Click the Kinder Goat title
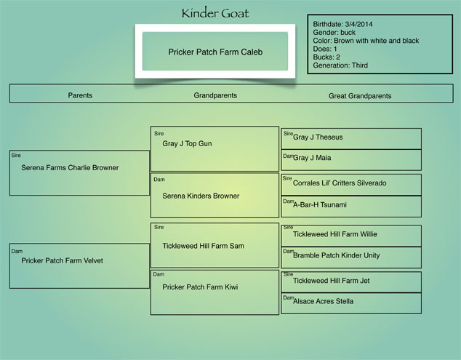click(x=215, y=13)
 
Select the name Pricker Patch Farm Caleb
click(x=215, y=52)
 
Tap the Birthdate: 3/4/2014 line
click(x=342, y=24)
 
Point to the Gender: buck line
click(x=334, y=32)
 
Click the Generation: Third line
click(x=340, y=65)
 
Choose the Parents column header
click(x=80, y=95)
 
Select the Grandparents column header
click(x=215, y=95)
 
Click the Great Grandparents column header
click(x=360, y=96)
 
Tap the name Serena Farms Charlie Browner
click(x=70, y=168)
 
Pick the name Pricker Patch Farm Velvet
click(x=62, y=260)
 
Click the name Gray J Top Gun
click(x=187, y=143)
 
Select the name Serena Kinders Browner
click(x=201, y=196)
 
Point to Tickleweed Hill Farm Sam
click(x=203, y=246)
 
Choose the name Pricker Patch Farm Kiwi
click(x=200, y=287)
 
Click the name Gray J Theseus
click(x=318, y=137)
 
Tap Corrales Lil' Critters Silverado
click(x=340, y=183)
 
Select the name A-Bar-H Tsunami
click(x=320, y=204)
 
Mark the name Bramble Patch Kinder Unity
click(x=337, y=255)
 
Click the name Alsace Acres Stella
click(x=323, y=301)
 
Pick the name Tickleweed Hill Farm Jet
click(x=332, y=281)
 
